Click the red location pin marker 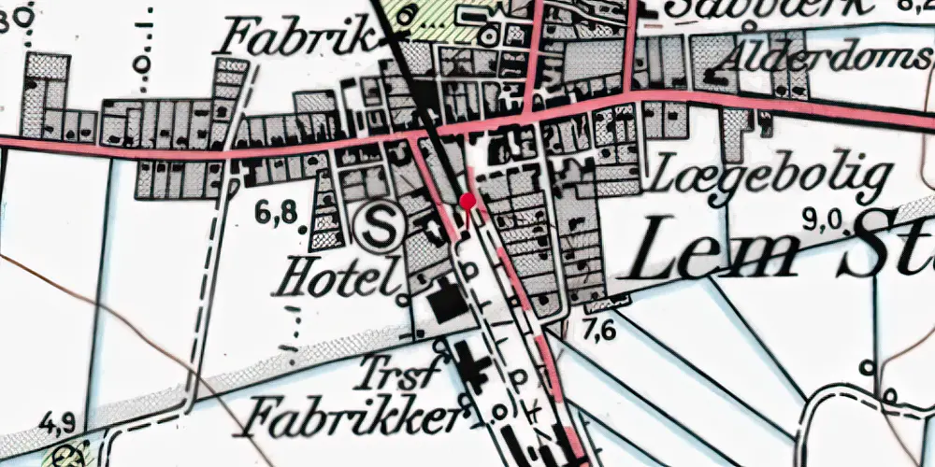pyautogui.click(x=467, y=200)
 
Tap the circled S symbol pyautogui.click(x=378, y=226)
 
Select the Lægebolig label pyautogui.click(x=771, y=177)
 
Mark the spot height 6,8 pyautogui.click(x=276, y=214)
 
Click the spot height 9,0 pyautogui.click(x=824, y=220)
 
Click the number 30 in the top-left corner pyautogui.click(x=11, y=19)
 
